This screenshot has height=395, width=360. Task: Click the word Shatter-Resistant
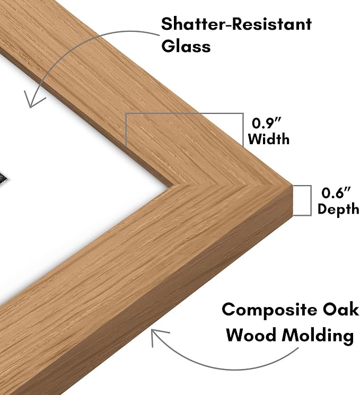click(236, 24)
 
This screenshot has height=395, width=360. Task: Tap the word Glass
click(186, 46)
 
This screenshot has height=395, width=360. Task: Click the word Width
click(269, 139)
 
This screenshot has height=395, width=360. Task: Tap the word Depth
click(338, 209)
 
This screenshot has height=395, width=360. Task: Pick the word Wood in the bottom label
click(251, 335)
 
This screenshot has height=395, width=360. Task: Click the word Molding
click(318, 336)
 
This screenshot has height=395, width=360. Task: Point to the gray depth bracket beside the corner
click(311, 200)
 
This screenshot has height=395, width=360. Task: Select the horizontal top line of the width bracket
click(185, 113)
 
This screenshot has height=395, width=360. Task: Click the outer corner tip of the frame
click(292, 186)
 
